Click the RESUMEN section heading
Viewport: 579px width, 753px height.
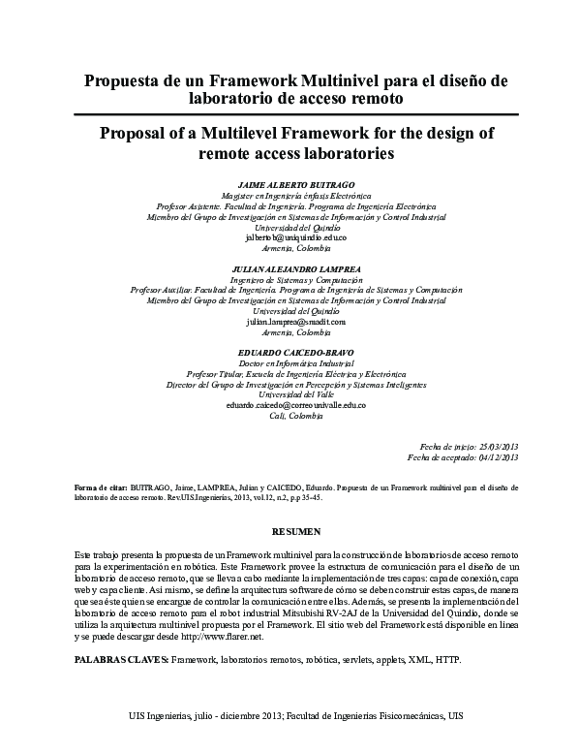click(296, 531)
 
